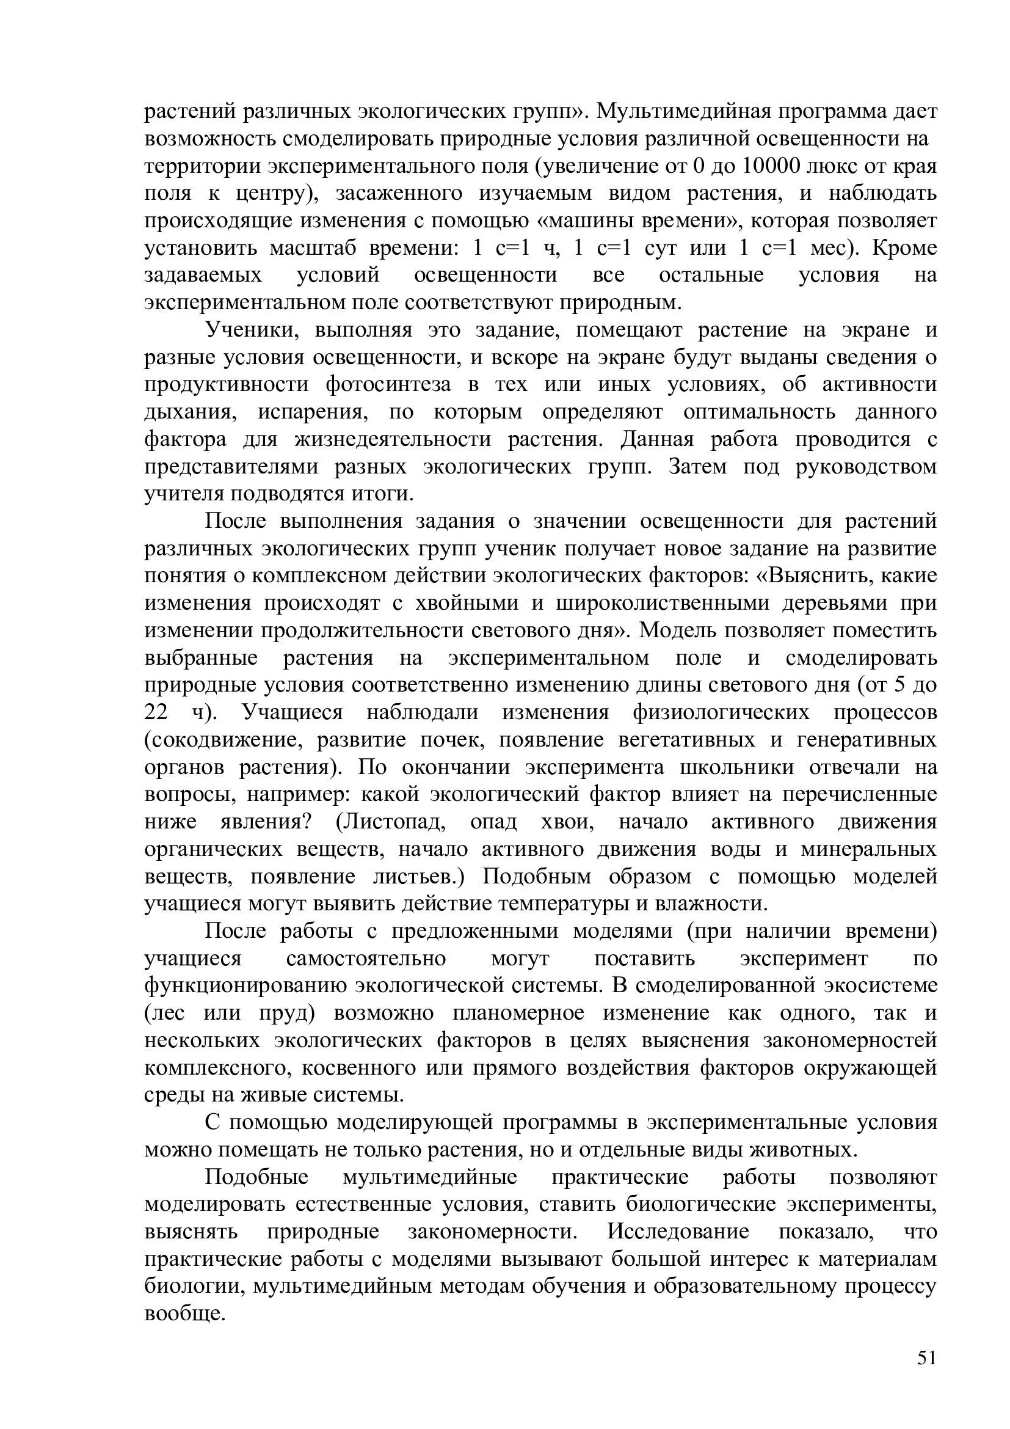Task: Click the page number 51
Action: point(926,1358)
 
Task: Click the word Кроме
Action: point(905,248)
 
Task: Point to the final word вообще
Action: point(183,1314)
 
